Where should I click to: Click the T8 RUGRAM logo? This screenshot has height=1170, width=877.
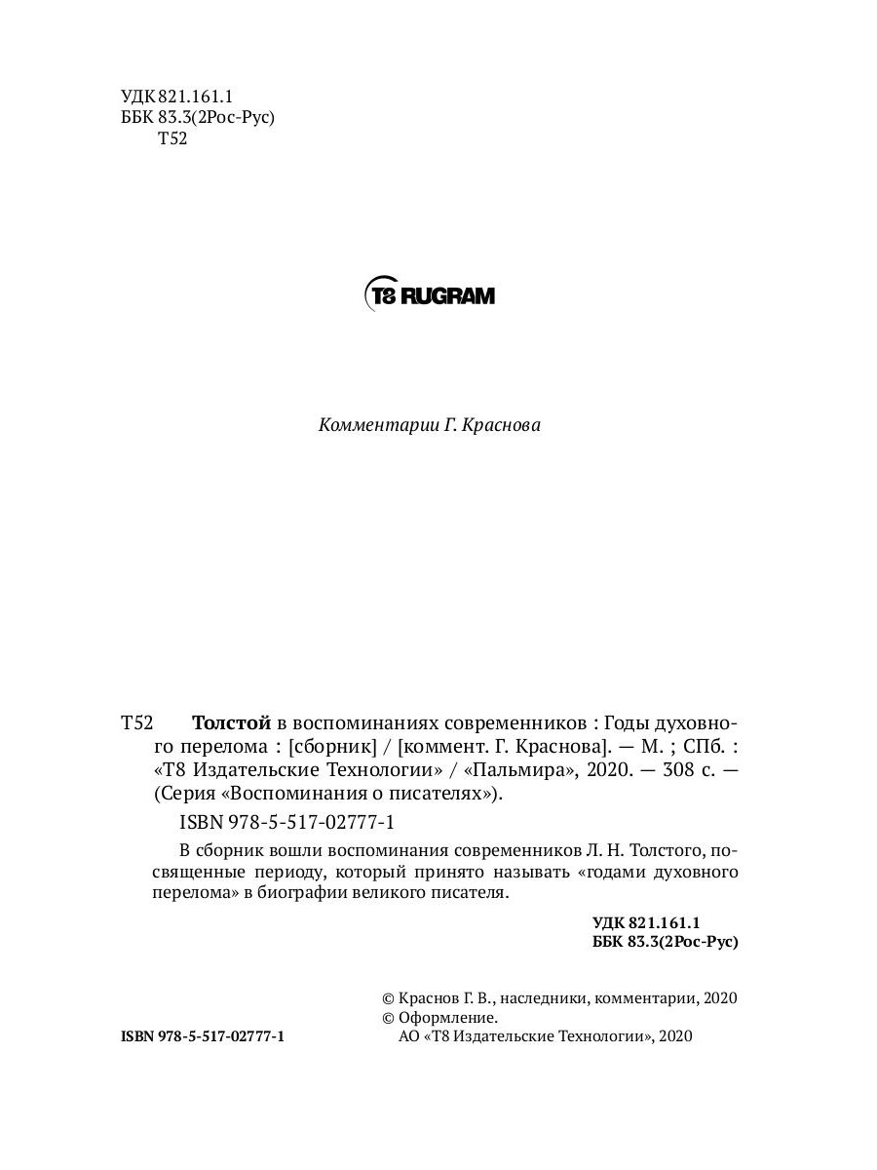429,294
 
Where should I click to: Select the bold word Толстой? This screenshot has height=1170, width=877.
232,723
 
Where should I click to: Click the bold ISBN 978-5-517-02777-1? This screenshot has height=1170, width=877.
203,1037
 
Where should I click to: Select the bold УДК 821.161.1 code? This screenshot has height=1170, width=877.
647,922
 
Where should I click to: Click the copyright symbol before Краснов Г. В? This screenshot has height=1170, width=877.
388,998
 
